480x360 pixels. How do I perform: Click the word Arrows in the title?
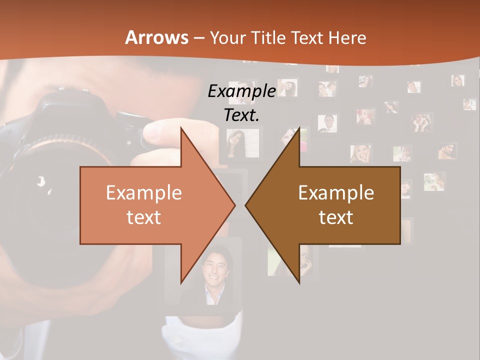tap(157, 37)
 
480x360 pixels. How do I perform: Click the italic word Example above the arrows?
tap(241, 91)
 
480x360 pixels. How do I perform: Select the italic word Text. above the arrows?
tap(241, 115)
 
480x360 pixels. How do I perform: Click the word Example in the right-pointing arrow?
tap(144, 192)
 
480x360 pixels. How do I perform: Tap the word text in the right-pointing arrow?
tap(144, 217)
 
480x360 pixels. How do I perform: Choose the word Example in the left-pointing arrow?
tap(336, 192)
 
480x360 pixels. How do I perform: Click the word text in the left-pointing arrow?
tap(336, 217)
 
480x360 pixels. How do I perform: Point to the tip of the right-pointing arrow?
tap(234, 205)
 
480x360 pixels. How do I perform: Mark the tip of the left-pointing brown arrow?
tap(246, 205)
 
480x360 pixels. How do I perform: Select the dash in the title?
tap(198, 38)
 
